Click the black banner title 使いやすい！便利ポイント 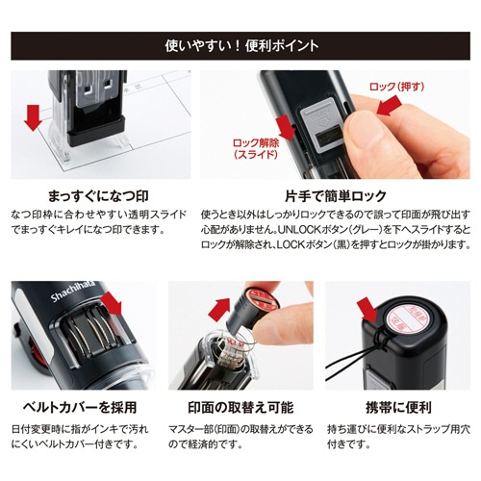point(241,46)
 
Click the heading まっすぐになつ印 point(98,196)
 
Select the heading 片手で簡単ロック point(336,196)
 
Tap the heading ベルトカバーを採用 point(80,407)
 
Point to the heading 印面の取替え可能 point(240,407)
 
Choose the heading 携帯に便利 point(398,407)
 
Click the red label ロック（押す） point(396,87)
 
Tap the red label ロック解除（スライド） point(256,148)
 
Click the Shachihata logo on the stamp point(73,291)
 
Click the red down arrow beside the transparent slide point(33,117)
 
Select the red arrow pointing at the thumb point(390,106)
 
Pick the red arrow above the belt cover point(112,303)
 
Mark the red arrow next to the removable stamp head point(219,309)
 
